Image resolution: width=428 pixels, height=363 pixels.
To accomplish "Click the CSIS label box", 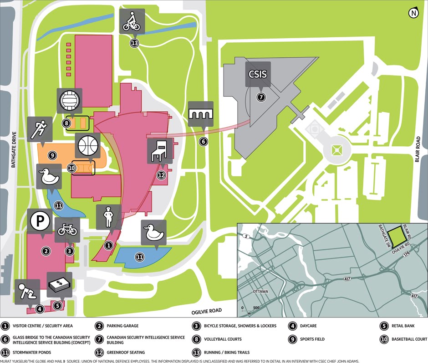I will [x=258, y=74].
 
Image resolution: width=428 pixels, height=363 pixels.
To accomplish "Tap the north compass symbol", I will [x=413, y=13].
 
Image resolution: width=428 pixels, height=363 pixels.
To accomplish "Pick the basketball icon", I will [x=88, y=146].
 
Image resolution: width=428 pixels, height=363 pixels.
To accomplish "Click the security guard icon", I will [x=108, y=217].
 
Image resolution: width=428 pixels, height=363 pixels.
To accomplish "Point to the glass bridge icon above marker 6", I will [x=201, y=114].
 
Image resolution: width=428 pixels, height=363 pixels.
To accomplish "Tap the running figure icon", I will [x=39, y=129].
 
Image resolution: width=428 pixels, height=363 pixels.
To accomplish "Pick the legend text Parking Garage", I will [x=123, y=326].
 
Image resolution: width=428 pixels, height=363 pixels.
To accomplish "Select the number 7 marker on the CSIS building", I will [x=261, y=97].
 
